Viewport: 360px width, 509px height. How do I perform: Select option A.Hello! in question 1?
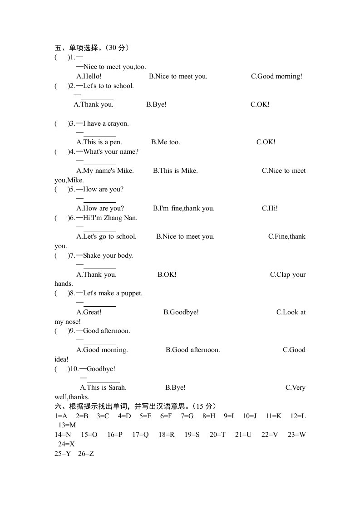point(89,76)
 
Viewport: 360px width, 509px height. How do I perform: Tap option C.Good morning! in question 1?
point(276,76)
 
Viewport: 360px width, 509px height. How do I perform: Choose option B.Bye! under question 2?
point(156,104)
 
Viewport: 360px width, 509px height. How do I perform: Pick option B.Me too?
point(166,142)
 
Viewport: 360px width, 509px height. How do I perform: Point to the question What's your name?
point(111,152)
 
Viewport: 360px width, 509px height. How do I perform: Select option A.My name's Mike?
point(105,171)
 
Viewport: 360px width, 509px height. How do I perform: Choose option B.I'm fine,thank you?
point(184,208)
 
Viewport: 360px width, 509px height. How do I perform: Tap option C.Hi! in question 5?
point(270,208)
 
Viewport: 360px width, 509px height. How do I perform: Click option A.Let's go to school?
point(107,236)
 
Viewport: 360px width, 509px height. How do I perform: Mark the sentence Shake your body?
point(108,255)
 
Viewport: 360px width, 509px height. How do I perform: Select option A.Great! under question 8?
point(89,312)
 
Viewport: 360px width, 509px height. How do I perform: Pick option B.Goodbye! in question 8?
point(181,312)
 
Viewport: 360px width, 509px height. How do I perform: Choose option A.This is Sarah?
point(103,387)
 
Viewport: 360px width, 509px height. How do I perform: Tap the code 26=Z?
point(86,454)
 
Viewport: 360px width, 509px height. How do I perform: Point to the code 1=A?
point(61,416)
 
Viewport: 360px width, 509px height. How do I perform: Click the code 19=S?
point(192,435)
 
